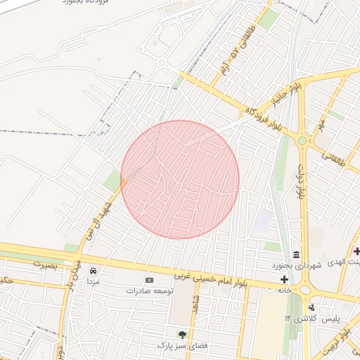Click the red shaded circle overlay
point(180,179)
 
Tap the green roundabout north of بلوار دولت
point(302,141)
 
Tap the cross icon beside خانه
point(285,280)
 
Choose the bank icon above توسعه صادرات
point(149,280)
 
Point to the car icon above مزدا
point(93,271)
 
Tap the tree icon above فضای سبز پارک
point(183,335)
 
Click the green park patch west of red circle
point(113,180)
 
